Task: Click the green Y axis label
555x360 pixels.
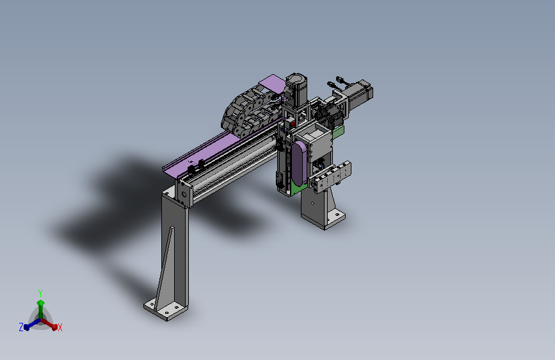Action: click(x=40, y=293)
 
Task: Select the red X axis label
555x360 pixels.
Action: click(x=60, y=327)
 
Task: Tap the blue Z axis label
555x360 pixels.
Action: click(x=21, y=327)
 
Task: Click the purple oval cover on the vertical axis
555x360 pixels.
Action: click(x=299, y=163)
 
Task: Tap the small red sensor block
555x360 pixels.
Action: click(x=293, y=124)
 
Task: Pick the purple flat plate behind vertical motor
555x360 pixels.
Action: click(x=272, y=84)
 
